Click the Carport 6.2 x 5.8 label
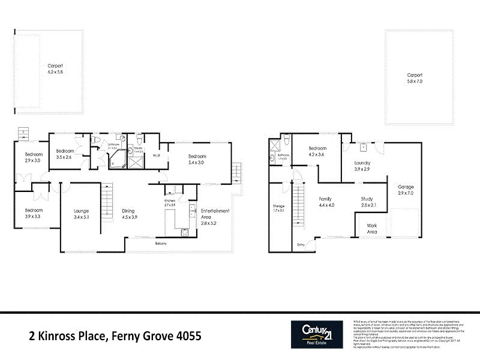point(55,68)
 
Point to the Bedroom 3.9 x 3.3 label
point(34,213)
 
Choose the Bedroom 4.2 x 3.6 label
point(317,151)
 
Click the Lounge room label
point(81,214)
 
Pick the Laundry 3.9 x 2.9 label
point(362,166)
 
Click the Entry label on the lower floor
point(301,244)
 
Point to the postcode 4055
point(186,336)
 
